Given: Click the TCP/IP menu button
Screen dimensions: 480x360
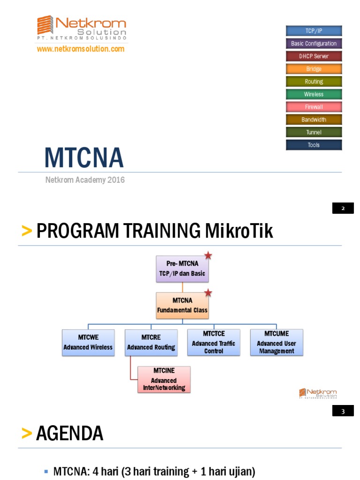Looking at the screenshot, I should [314, 31].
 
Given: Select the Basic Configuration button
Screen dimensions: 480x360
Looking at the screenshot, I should [314, 44].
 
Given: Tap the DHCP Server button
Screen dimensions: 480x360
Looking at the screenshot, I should [314, 56].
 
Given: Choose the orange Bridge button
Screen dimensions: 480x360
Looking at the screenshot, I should [314, 69].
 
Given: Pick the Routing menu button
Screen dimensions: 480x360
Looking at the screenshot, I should [314, 82].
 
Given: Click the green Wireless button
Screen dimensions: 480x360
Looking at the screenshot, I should [314, 94].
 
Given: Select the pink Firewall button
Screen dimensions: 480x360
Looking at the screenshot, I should [314, 107].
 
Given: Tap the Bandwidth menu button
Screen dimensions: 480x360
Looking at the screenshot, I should [314, 120].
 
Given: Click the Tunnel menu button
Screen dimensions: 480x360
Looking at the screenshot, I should [314, 132].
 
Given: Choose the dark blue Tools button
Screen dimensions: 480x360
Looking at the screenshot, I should [314, 145].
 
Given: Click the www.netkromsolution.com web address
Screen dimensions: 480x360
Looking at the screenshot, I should [81, 49].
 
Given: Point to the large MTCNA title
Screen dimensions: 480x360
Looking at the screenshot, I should [84, 157].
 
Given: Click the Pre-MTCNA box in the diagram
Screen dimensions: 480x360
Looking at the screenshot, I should [182, 269].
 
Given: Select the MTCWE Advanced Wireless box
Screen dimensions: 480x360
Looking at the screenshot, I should [88, 342].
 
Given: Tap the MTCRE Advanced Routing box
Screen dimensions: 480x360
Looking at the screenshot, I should [151, 342].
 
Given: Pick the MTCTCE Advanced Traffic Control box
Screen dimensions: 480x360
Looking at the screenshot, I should [214, 342].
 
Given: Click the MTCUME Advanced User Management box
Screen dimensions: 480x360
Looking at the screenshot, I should [277, 342].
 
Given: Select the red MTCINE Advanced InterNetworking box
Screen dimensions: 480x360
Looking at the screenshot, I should [164, 379].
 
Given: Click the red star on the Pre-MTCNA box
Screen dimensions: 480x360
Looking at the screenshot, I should [208, 255].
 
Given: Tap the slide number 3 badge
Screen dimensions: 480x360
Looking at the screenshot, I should [343, 412].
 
